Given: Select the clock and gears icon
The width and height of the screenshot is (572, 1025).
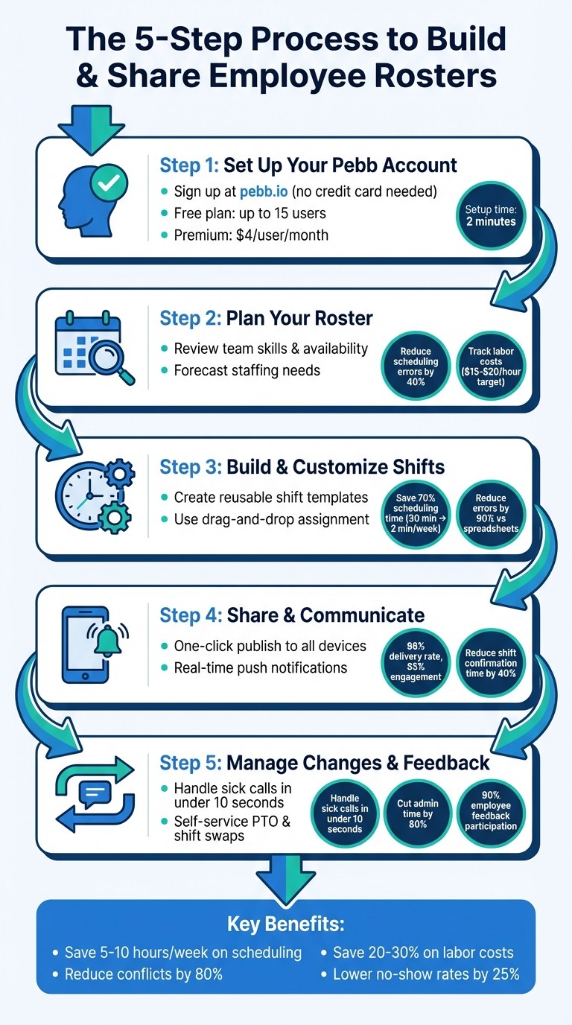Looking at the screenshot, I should click(x=94, y=495).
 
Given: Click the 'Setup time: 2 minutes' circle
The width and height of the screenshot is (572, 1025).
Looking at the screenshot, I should click(x=490, y=216).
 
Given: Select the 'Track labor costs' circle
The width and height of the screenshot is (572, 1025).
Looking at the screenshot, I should click(x=490, y=366).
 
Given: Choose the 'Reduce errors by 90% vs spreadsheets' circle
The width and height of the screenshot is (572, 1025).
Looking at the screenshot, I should click(x=490, y=514).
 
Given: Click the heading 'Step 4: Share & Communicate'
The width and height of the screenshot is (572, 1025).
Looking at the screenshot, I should click(x=292, y=615).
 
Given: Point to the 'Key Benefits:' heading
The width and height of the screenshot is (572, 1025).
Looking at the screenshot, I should click(x=286, y=924).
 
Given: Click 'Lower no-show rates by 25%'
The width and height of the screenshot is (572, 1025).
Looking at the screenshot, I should click(x=425, y=974).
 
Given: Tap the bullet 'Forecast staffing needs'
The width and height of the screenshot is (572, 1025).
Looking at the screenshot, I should click(x=247, y=370).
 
